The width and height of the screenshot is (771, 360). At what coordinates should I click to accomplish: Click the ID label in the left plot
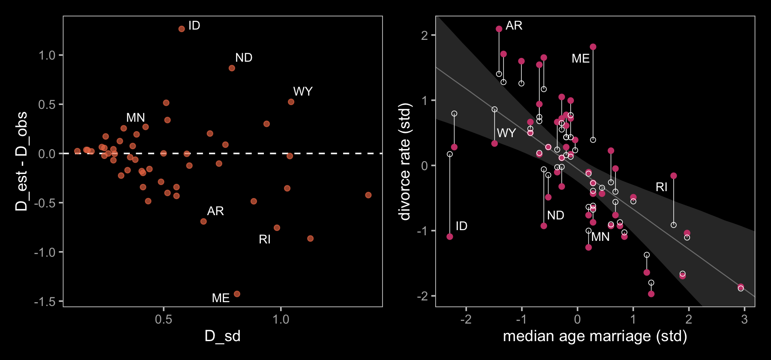coord(194,26)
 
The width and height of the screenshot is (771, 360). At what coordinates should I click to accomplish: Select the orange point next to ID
coord(182,29)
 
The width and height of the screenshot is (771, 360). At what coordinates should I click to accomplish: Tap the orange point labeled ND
coord(232,68)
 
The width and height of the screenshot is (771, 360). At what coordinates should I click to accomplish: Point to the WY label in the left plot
coord(303,91)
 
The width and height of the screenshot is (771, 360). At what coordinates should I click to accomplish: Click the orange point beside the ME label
coord(237,294)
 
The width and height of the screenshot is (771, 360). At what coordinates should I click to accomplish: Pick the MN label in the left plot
coord(135,117)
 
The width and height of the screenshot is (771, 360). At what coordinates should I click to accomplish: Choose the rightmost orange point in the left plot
coord(368,195)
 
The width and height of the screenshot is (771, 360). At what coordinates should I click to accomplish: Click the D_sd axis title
coord(222,336)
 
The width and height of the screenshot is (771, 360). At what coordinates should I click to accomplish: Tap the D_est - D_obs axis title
coord(21,161)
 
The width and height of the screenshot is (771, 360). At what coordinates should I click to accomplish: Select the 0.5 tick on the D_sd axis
coord(164,319)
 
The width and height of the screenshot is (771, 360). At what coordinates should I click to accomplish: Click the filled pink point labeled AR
coord(499,29)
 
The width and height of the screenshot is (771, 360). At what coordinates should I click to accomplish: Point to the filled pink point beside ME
coord(593,47)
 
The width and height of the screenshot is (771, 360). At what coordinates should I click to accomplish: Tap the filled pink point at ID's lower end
coord(450,237)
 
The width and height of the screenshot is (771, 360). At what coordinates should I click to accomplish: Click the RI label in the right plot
coord(661,187)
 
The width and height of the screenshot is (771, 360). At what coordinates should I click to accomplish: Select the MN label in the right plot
coord(601,237)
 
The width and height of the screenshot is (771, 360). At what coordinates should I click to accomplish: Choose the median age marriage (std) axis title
coord(595,336)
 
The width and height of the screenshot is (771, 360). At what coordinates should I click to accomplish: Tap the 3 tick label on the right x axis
coord(744,319)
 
